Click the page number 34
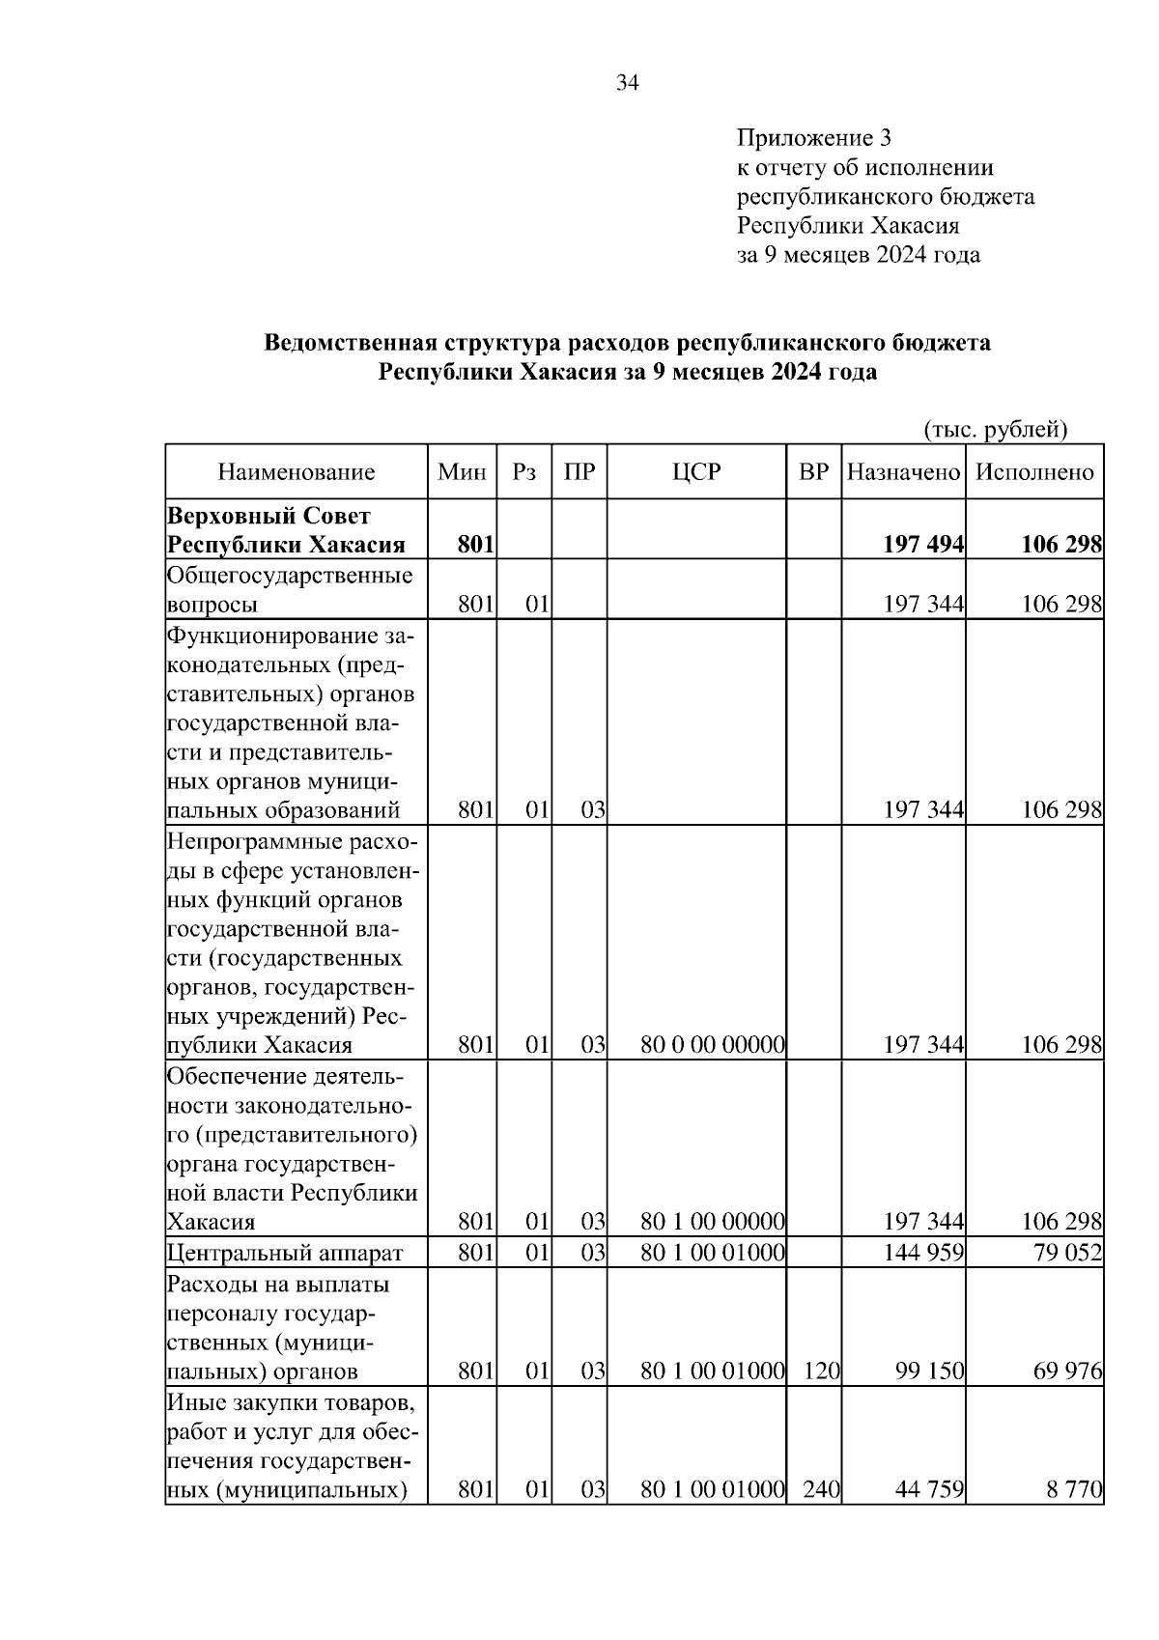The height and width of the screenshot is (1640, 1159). tap(627, 83)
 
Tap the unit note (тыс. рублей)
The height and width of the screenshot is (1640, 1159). tap(996, 428)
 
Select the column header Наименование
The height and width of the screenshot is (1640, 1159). tap(296, 472)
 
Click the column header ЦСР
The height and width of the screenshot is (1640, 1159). tap(696, 472)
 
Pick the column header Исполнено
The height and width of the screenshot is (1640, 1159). tap(1034, 472)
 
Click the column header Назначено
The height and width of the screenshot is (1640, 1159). tap(903, 472)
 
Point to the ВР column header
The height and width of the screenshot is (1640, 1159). tap(813, 472)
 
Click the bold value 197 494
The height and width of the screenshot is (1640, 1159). tap(922, 545)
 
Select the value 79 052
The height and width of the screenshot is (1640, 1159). tap(1067, 1254)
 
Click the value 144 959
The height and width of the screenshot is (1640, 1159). tap(923, 1254)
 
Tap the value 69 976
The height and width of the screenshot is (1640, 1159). tap(1067, 1371)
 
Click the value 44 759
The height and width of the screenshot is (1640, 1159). tap(929, 1489)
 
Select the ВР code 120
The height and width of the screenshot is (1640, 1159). tap(821, 1371)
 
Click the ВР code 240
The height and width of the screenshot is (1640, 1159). tap(821, 1489)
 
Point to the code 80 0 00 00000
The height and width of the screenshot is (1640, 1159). tap(712, 1045)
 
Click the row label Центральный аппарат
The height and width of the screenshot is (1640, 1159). tap(284, 1254)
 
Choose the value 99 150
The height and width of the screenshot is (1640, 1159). tap(929, 1371)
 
